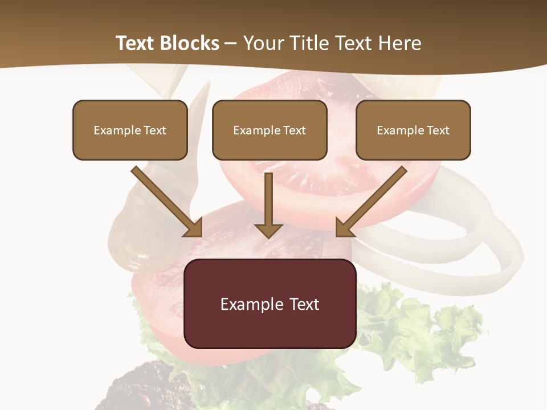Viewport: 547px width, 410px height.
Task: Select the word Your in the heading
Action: coord(264,43)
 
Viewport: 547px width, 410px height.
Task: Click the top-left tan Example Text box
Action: coord(130,130)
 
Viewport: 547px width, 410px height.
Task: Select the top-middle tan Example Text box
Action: coord(270,130)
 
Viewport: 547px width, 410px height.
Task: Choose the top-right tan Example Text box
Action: coord(413,130)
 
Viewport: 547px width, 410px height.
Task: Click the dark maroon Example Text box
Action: coord(270,304)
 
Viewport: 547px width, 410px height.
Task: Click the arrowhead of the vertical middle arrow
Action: coord(268,231)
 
